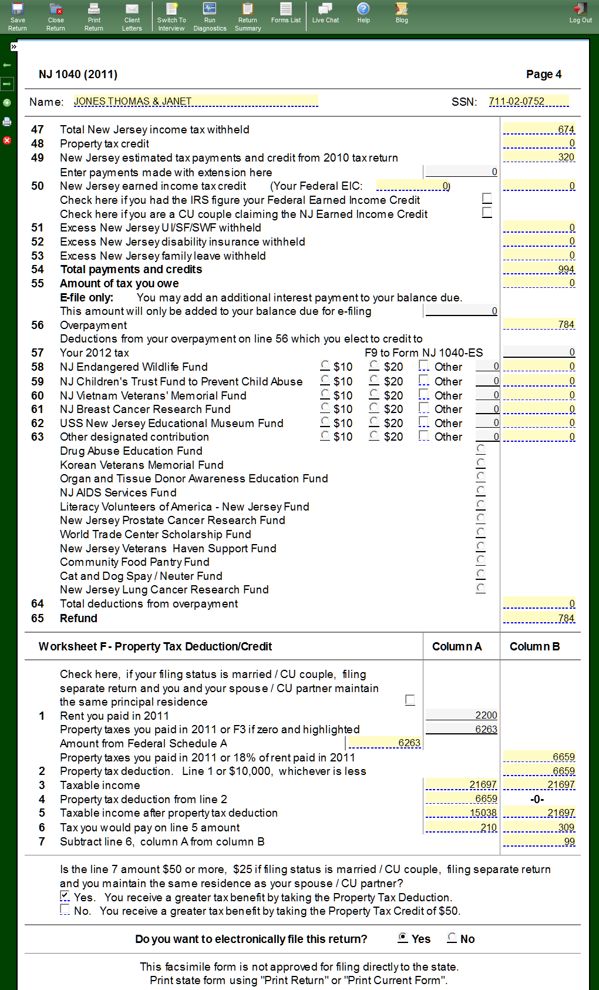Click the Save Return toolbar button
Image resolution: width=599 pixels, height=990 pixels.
18,16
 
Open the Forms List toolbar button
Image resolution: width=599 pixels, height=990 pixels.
286,13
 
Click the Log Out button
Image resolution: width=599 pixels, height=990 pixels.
580,13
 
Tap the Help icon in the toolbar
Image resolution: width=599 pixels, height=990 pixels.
364,13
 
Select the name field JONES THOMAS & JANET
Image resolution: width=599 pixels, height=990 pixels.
195,101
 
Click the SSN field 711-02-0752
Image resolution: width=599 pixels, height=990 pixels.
529,101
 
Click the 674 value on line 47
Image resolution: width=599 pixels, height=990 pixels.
539,129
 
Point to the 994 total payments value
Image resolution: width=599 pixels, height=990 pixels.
539,269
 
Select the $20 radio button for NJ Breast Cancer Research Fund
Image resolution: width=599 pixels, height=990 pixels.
374,408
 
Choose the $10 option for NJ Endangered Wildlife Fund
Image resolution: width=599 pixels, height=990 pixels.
325,365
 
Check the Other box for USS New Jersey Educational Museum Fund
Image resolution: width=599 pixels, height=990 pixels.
423,422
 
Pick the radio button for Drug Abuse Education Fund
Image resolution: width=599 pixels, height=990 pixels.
481,449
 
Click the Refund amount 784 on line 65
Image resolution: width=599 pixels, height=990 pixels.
539,618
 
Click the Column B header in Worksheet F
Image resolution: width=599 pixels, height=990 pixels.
534,646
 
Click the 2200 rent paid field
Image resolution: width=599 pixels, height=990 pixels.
462,715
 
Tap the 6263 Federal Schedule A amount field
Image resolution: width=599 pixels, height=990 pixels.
385,743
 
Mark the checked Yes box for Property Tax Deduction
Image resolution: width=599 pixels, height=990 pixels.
65,896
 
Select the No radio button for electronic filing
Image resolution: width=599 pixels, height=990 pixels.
452,938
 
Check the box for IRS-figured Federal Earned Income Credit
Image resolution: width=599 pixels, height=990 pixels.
487,199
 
